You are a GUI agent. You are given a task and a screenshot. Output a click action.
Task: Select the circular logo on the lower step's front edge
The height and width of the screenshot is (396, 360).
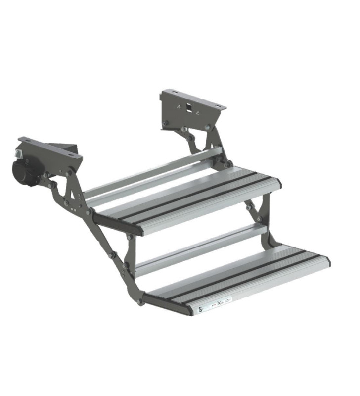click(x=200, y=308)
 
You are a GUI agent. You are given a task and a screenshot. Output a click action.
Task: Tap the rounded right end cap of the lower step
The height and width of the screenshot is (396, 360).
click(x=326, y=260)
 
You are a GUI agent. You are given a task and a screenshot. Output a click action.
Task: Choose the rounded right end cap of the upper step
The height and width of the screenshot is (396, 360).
click(x=278, y=185)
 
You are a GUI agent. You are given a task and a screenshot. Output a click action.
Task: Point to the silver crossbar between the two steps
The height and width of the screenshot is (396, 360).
click(x=198, y=250)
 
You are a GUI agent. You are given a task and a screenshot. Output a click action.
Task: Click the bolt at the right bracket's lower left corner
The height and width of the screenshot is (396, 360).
click(x=165, y=123)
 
